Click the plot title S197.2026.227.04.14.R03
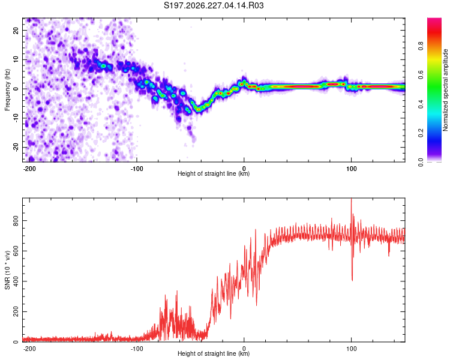click(214, 5)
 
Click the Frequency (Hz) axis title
click(7, 90)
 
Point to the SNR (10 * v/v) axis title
click(7, 270)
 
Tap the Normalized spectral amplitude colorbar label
click(445, 90)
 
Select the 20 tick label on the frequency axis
click(16, 31)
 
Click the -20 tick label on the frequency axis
click(16, 148)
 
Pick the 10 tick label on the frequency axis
click(16, 60)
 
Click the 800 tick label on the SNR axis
click(16, 220)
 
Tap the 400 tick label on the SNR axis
click(16, 281)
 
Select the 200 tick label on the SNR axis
click(16, 312)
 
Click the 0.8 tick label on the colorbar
click(421, 46)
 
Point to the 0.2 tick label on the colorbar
click(421, 133)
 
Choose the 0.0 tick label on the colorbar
click(421, 162)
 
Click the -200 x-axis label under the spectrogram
click(29, 169)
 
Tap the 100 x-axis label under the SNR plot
click(351, 349)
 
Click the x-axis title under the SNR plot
click(214, 353)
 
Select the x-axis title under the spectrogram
click(214, 173)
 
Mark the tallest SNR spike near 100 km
click(351, 199)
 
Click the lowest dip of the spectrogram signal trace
click(198, 109)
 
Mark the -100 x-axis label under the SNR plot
click(137, 349)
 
